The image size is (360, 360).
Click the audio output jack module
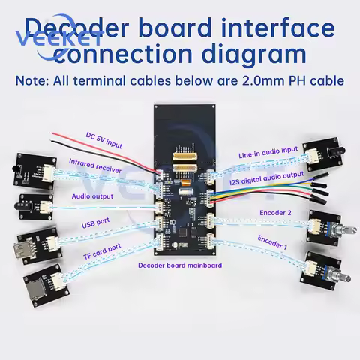[34, 203]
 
